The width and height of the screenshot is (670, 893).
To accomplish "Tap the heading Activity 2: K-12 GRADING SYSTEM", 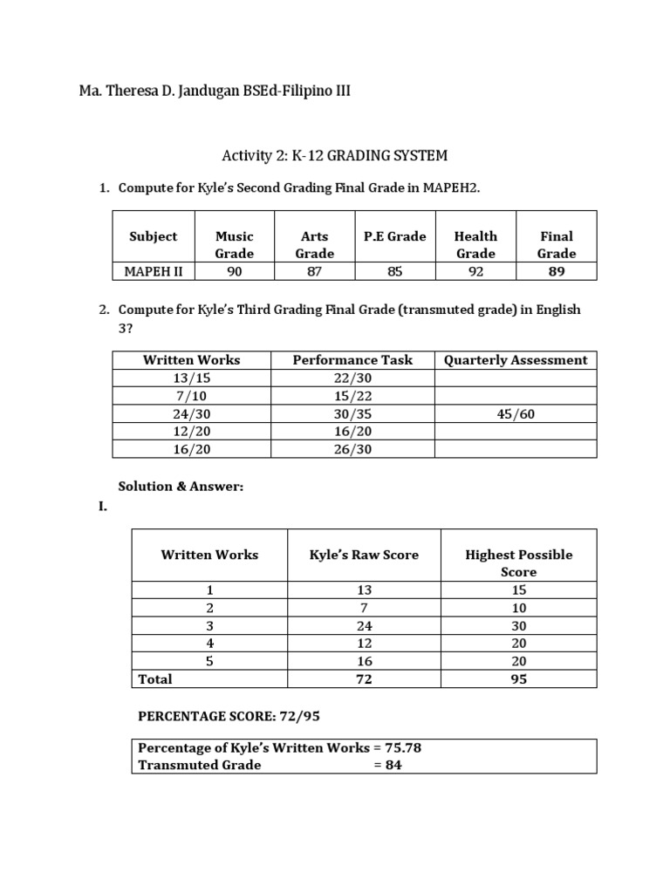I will point(334,156).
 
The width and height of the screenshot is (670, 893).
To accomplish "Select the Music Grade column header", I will point(234,244).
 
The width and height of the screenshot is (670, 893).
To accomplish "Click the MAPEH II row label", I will point(153,271).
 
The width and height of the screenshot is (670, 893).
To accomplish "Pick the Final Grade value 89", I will point(556,271).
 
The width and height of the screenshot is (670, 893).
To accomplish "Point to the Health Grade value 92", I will point(475,271).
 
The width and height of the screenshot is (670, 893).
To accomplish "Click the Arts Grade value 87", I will point(314,271).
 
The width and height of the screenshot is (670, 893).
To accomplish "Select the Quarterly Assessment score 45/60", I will point(515,414).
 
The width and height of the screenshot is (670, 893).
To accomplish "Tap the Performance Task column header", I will point(352,359).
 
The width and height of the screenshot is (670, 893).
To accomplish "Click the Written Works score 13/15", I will point(191,378).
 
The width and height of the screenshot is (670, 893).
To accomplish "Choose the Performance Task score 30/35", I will point(352,414).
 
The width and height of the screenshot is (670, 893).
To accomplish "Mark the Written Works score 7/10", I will point(191,396).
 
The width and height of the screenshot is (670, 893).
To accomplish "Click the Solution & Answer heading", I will point(181,486).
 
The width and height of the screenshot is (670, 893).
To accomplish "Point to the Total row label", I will point(155,679).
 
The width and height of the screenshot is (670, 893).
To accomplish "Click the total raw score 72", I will point(365,679).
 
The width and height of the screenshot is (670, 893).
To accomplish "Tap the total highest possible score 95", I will point(519,679).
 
